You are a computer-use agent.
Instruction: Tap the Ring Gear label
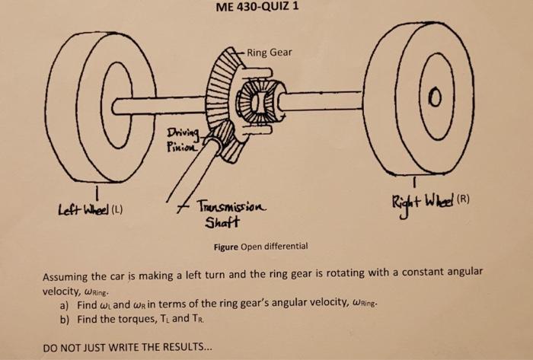pos(269,53)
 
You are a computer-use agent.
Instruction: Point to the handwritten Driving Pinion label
pos(182,140)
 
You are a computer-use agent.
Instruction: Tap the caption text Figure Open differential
pos(260,247)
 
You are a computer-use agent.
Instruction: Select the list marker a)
pos(64,305)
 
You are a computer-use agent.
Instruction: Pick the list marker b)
pos(64,320)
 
